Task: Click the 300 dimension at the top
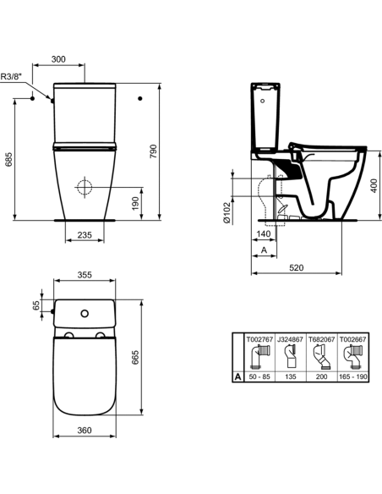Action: [x=57, y=61]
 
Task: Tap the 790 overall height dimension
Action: [x=154, y=151]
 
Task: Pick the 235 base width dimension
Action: [x=83, y=236]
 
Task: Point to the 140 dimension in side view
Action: [x=263, y=233]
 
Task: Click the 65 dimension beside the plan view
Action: [x=35, y=305]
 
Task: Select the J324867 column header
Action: [x=287, y=337]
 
